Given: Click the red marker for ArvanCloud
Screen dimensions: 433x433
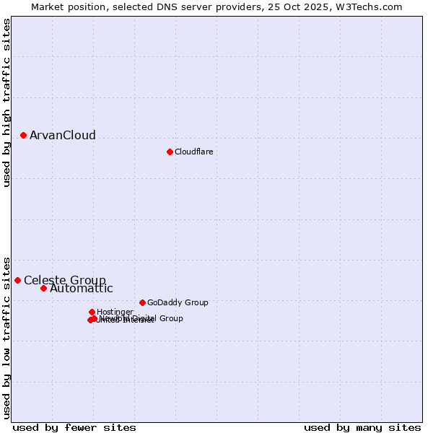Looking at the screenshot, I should click(x=23, y=135).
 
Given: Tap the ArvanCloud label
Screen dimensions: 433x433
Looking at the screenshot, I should click(x=63, y=136).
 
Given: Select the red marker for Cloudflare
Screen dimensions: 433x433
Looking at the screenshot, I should click(x=170, y=152).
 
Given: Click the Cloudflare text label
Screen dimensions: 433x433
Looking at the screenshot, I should click(x=193, y=152).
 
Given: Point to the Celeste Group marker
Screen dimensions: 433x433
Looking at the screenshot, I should click(x=17, y=280).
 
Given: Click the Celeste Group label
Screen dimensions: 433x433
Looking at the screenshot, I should click(x=65, y=280).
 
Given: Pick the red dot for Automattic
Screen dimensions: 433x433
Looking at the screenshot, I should click(x=43, y=288).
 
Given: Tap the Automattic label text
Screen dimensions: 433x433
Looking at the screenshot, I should click(x=82, y=289).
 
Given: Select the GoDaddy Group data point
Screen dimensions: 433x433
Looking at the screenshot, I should click(x=142, y=302).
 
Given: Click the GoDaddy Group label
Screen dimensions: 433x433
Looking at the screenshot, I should click(x=178, y=302).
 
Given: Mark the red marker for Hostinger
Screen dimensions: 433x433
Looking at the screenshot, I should click(x=92, y=312).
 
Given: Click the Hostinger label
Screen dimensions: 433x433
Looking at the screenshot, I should click(x=115, y=312).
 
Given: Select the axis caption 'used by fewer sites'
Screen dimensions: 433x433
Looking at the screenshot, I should click(x=74, y=427).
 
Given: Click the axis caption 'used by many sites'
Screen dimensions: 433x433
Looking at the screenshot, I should click(x=362, y=427).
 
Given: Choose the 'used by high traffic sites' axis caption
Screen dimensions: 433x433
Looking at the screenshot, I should click(x=6, y=102).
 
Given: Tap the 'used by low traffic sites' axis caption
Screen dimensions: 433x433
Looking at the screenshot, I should click(x=6, y=337).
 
